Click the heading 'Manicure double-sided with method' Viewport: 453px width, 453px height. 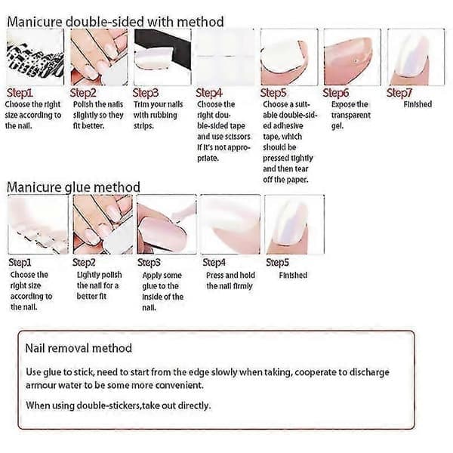(x=116, y=22)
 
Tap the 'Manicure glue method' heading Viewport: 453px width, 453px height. (x=73, y=187)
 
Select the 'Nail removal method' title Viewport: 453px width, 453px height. (x=79, y=348)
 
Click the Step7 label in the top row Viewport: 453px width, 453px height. (x=399, y=93)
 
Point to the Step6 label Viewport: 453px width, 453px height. (x=336, y=93)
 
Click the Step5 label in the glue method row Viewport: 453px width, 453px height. (x=277, y=262)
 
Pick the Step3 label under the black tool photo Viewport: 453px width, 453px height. (x=146, y=93)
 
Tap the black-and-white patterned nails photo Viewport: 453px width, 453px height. (x=35, y=57)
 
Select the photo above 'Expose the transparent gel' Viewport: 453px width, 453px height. (x=352, y=57)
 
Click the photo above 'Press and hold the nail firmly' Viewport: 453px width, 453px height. (x=230, y=224)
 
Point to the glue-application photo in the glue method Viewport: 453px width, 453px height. (x=166, y=224)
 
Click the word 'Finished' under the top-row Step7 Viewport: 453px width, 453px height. (x=418, y=104)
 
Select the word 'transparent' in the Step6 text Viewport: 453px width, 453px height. (x=351, y=115)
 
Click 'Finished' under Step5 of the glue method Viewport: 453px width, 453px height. (x=293, y=275)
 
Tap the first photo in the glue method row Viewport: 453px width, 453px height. (x=39, y=224)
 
